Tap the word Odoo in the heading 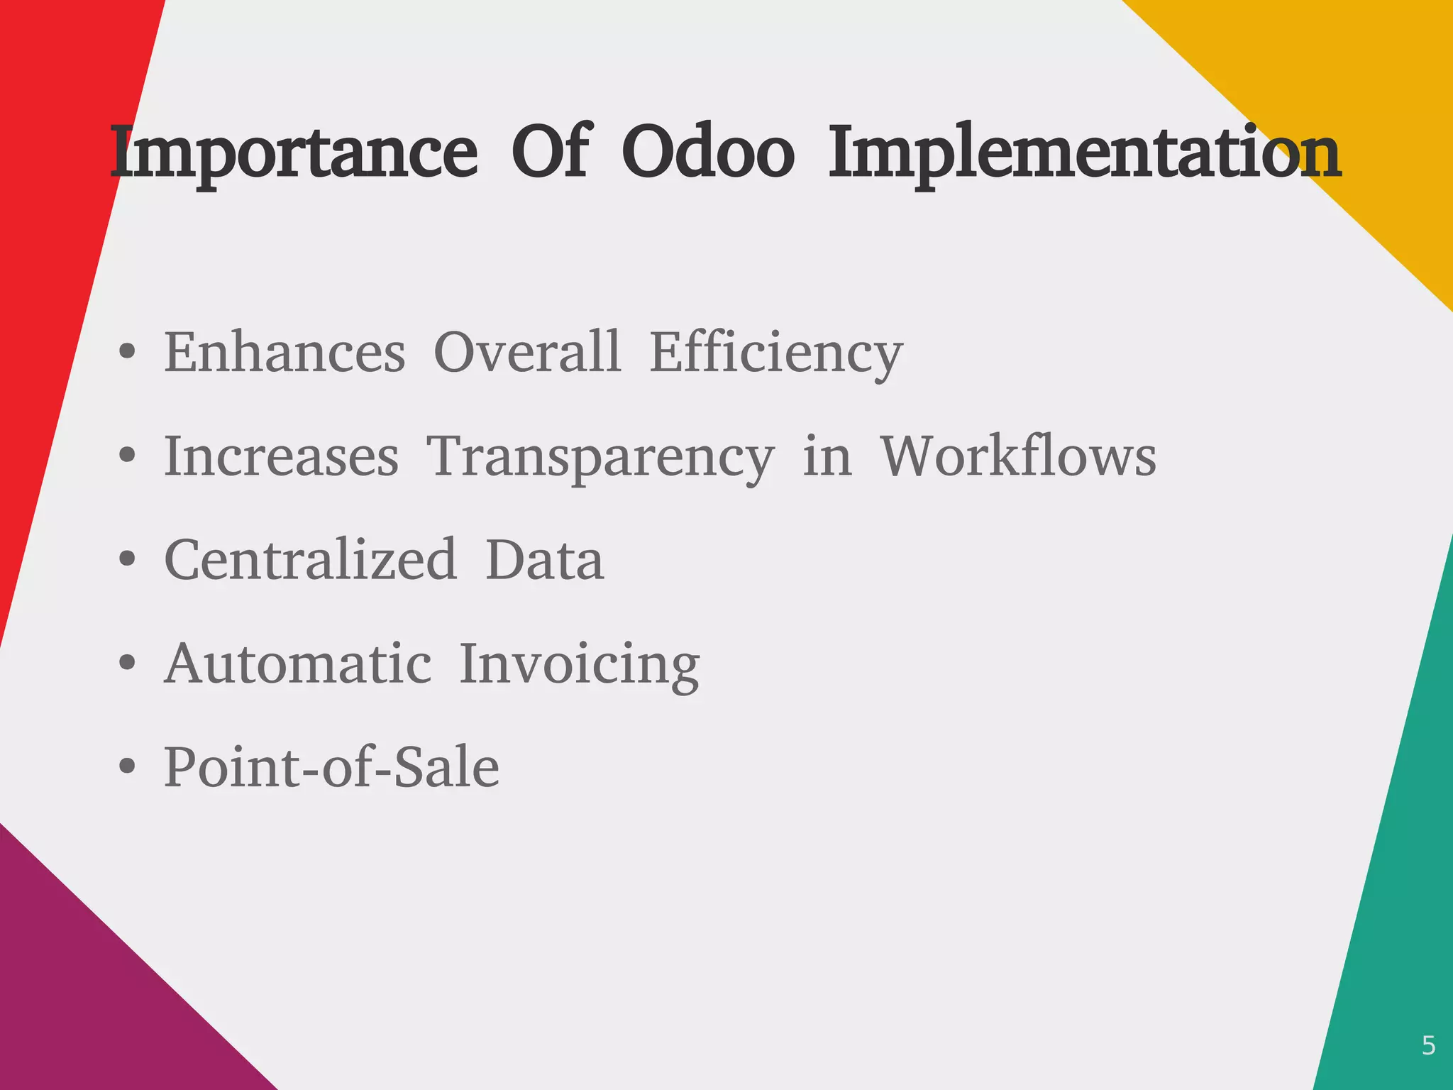point(707,153)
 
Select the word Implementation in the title point(1084,153)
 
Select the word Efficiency point(776,353)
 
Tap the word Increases point(281,456)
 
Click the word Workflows point(1018,456)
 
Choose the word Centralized point(311,559)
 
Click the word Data point(544,559)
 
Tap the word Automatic point(297,664)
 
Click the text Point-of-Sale point(331,767)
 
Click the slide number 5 point(1428,1046)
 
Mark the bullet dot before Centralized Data point(127,559)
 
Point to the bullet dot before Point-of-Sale point(127,767)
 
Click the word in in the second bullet point(827,456)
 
